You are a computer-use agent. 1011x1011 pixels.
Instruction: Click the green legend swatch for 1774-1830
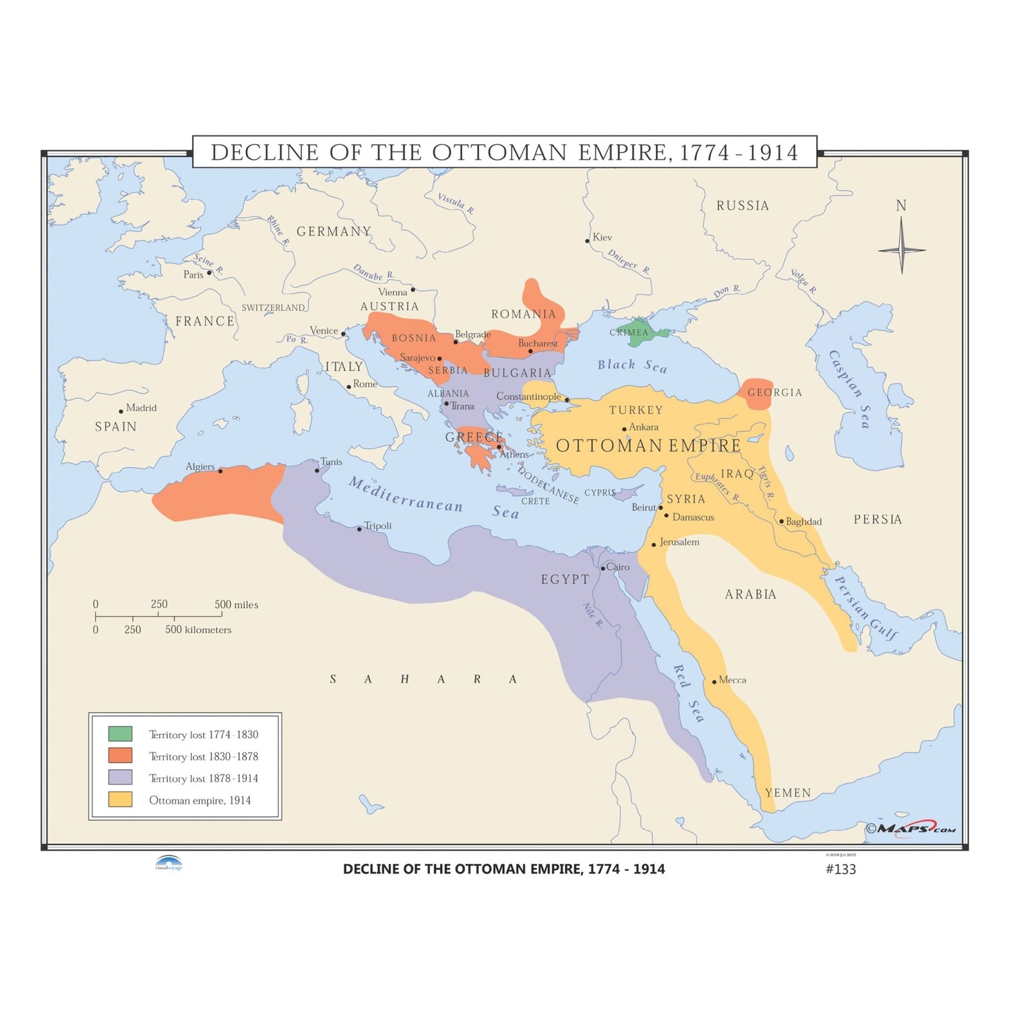pos(120,733)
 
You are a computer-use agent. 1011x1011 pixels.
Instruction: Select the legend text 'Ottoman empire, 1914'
pos(200,800)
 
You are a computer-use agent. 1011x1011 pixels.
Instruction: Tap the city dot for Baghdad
pos(781,521)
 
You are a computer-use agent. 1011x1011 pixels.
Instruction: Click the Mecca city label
pos(732,679)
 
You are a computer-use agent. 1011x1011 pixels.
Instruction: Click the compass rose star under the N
pos(901,249)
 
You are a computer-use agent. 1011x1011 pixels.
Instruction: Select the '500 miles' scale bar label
pos(236,605)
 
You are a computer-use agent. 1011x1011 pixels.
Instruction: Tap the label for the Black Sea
pos(632,365)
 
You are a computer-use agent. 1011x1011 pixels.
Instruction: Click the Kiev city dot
pos(587,241)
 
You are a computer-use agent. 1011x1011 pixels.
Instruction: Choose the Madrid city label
pos(141,408)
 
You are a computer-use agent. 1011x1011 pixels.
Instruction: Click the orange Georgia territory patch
pos(756,394)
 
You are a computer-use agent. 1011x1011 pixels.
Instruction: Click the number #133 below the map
pos(840,869)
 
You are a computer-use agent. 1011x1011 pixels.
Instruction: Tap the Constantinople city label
pos(528,396)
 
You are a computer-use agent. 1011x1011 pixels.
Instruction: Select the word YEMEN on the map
pos(788,793)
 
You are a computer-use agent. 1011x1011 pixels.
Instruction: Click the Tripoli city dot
pos(359,529)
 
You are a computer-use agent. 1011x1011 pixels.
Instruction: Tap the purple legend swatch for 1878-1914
pos(120,777)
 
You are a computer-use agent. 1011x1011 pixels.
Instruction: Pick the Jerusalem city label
pos(679,542)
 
